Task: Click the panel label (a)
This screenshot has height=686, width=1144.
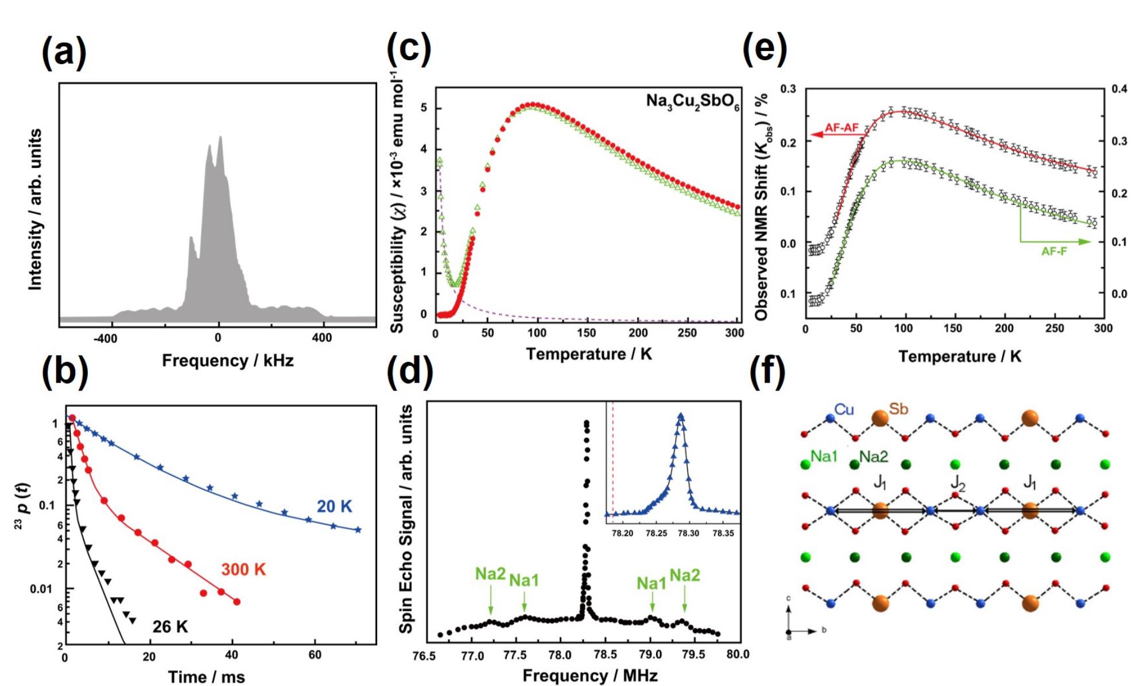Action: pyautogui.click(x=64, y=52)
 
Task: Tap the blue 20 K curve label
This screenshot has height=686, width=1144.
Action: pyautogui.click(x=334, y=506)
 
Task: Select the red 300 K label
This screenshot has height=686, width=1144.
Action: pyautogui.click(x=243, y=570)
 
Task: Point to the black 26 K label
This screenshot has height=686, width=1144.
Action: pyautogui.click(x=170, y=627)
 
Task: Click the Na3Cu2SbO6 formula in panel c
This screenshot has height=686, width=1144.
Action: pyautogui.click(x=692, y=102)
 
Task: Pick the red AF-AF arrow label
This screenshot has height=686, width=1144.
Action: pyautogui.click(x=841, y=128)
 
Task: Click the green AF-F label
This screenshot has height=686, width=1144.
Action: pyautogui.click(x=1054, y=251)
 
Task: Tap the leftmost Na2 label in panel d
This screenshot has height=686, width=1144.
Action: pyautogui.click(x=490, y=574)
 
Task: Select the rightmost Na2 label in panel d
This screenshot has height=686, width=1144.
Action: pyautogui.click(x=685, y=575)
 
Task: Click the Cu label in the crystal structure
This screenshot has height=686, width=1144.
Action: pyautogui.click(x=844, y=410)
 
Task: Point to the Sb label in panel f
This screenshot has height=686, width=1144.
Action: pyautogui.click(x=898, y=409)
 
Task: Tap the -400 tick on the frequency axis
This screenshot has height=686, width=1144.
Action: pyautogui.click(x=105, y=338)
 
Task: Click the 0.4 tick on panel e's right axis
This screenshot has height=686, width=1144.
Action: pyautogui.click(x=1119, y=89)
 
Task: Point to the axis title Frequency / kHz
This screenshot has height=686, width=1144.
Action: pyautogui.click(x=227, y=361)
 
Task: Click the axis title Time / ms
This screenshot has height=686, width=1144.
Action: pyautogui.click(x=206, y=677)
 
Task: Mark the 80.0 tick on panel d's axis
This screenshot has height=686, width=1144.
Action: pyautogui.click(x=737, y=654)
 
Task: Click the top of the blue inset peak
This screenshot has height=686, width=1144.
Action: pyautogui.click(x=681, y=415)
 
